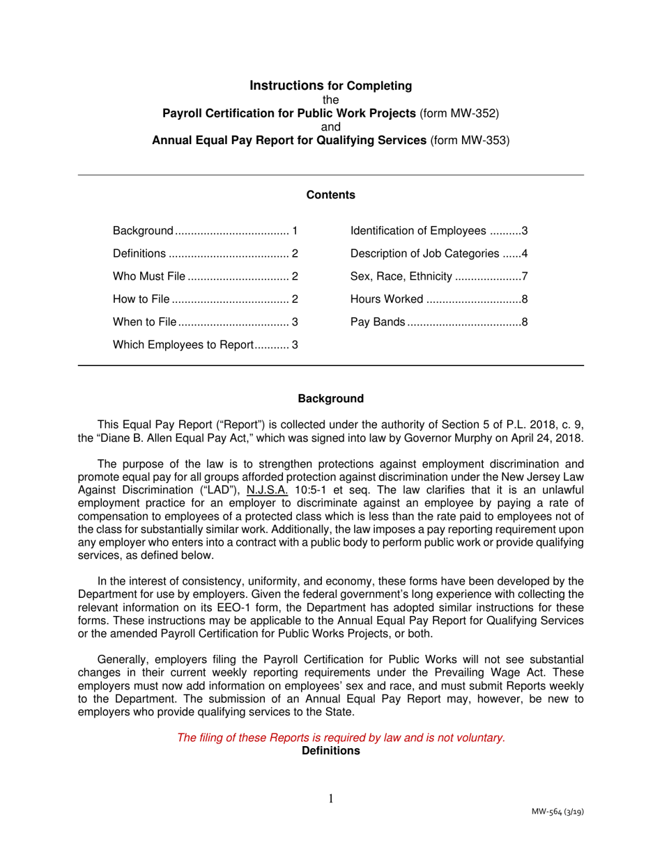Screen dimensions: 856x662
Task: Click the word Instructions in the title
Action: tap(287, 86)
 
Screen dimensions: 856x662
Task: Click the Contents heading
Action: tap(331, 195)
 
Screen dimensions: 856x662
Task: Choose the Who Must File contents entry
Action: tap(205, 277)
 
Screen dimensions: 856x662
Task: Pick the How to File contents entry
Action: tap(205, 300)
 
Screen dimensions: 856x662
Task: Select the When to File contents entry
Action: tap(205, 322)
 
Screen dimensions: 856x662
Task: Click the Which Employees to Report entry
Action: tap(205, 344)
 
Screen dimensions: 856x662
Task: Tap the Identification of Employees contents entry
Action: tap(440, 231)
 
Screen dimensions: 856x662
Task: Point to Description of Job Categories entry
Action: tap(440, 254)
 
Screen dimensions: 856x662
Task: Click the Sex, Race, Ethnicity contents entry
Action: tap(440, 277)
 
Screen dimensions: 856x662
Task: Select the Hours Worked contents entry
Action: tap(440, 300)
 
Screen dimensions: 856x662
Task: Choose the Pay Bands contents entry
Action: tap(440, 322)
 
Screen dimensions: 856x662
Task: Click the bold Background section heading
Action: tap(331, 399)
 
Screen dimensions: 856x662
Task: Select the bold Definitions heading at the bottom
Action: tap(331, 751)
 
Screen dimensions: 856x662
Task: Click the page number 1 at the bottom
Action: tap(331, 798)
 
